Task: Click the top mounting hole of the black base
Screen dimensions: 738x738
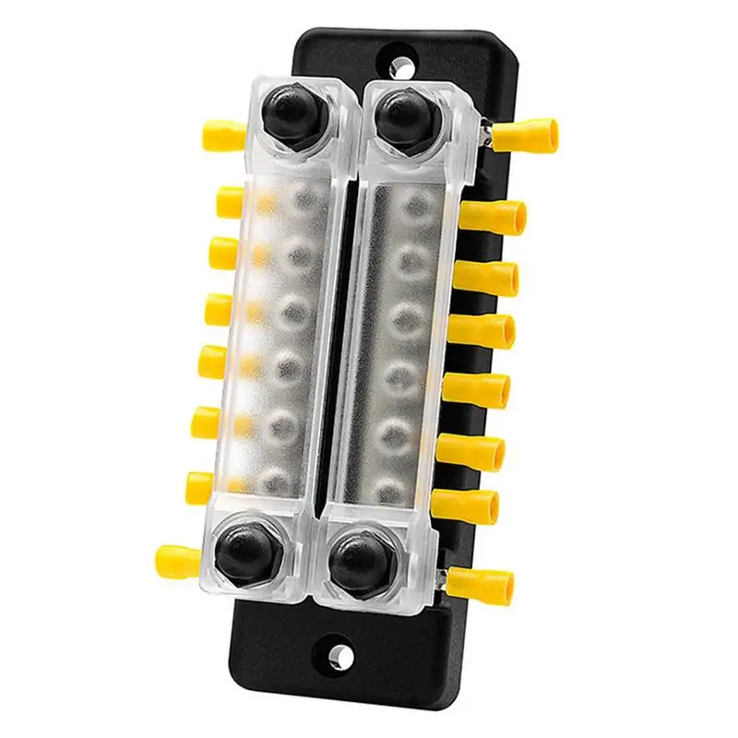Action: click(401, 67)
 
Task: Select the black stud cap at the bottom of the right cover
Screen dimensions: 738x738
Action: click(354, 560)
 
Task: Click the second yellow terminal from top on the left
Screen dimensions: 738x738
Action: click(230, 202)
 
